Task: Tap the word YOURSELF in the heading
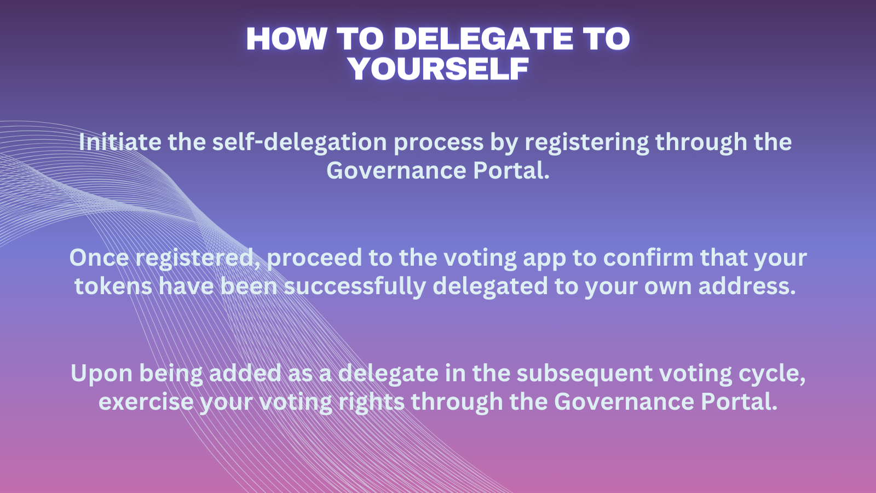[439, 69]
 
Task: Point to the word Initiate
[120, 141]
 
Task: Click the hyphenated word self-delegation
[299, 142]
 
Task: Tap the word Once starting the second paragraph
[99, 257]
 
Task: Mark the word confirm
[648, 257]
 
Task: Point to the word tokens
[113, 286]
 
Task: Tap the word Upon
[102, 374]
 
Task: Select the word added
[245, 373]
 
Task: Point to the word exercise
[146, 402]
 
